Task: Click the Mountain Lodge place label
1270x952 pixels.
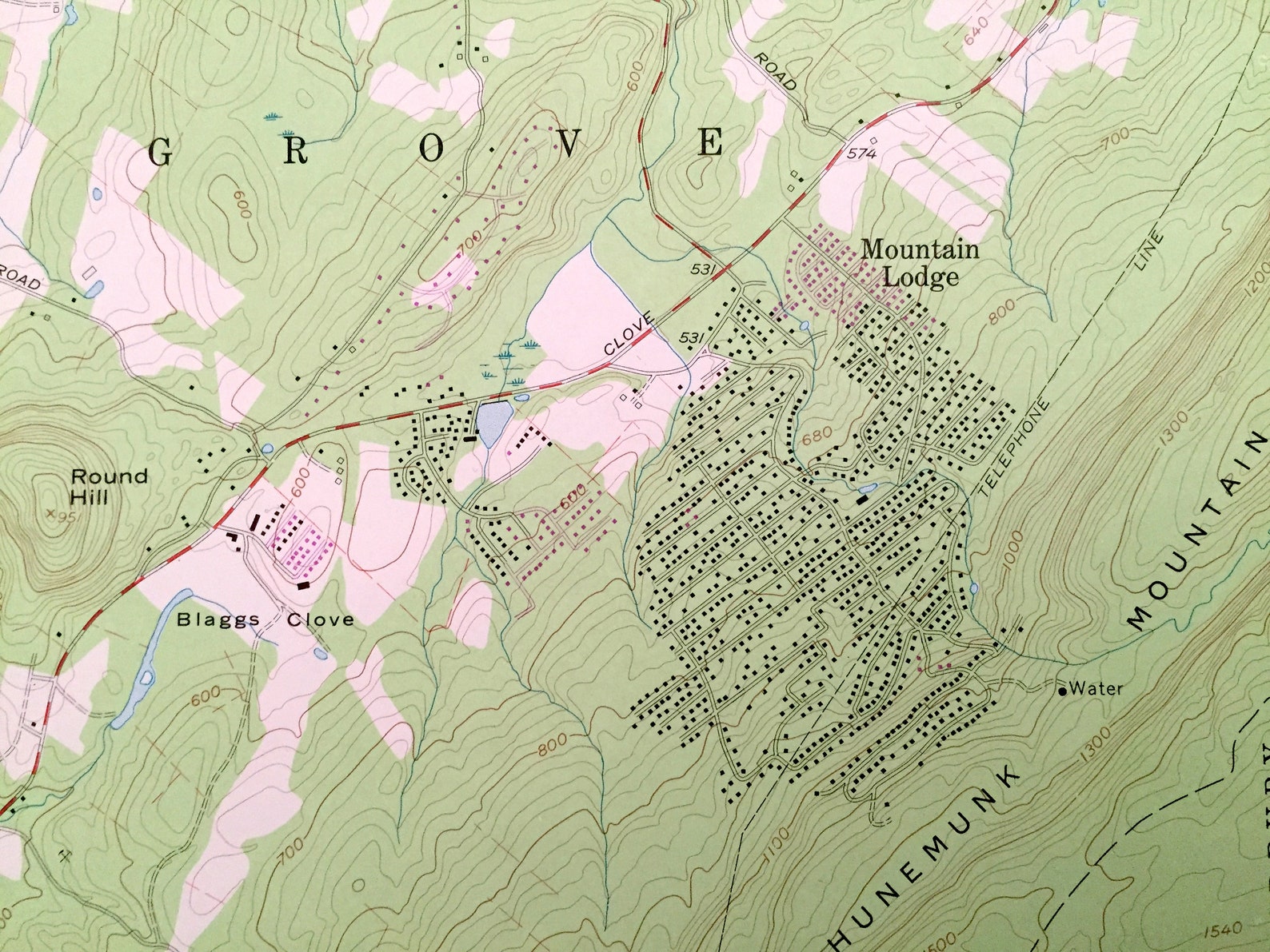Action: point(920,263)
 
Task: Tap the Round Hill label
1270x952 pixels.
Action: point(110,486)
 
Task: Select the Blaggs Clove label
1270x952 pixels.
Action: point(265,619)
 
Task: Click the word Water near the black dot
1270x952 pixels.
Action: point(1096,687)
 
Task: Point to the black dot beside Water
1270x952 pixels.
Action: point(1062,691)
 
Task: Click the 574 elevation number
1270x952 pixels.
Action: point(858,154)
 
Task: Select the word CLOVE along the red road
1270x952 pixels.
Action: point(629,336)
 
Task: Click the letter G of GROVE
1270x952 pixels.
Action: point(161,151)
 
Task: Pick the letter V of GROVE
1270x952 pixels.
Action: point(570,145)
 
